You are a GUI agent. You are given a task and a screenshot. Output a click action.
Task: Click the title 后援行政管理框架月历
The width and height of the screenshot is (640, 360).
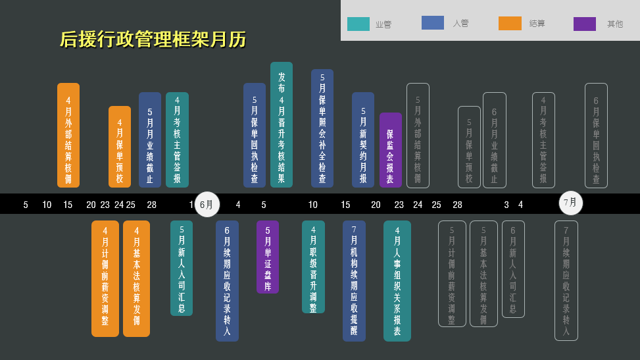(x=153, y=39)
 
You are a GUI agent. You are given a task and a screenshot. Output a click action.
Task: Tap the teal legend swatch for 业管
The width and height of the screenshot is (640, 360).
(x=358, y=24)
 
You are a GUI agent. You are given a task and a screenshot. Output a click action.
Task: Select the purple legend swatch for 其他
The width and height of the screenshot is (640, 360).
(x=584, y=24)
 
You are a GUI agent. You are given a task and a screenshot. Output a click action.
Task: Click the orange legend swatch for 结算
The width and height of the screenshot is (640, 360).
(x=510, y=23)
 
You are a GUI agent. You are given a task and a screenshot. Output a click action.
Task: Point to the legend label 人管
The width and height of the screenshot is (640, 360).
(x=460, y=23)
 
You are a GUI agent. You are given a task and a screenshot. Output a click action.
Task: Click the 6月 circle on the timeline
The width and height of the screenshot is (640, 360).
(x=207, y=204)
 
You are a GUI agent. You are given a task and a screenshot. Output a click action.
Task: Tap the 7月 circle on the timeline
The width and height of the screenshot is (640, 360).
(x=570, y=203)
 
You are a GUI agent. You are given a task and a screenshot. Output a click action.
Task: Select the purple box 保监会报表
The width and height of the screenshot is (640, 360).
(x=390, y=150)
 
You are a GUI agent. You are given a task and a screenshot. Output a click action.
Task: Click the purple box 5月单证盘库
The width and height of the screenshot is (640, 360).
(x=267, y=257)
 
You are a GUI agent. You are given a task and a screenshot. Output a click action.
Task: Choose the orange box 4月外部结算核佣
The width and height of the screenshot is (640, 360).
(x=68, y=135)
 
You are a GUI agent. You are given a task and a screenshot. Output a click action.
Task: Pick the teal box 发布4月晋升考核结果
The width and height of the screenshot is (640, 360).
(x=282, y=125)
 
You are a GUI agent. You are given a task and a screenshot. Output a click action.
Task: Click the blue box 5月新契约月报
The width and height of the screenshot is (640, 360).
(x=363, y=140)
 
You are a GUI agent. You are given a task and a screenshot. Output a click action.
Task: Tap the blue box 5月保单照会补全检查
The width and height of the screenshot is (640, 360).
(x=322, y=128)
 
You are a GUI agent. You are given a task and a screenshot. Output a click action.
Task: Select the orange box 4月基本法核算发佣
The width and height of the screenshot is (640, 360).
(x=136, y=278)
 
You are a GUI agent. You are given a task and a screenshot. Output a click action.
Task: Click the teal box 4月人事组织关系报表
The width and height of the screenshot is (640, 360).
(x=397, y=280)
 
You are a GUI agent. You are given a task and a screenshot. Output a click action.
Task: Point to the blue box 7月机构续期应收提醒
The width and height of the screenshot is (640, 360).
(x=354, y=280)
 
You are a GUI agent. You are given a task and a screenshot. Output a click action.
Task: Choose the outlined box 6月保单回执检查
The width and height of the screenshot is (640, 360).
(x=596, y=135)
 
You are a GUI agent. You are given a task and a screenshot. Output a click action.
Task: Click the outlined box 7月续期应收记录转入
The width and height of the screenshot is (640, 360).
(x=566, y=280)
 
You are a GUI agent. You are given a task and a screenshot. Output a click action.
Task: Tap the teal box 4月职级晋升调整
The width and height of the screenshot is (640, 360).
(x=313, y=267)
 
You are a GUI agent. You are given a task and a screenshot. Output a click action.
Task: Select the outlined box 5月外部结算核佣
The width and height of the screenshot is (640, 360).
(x=418, y=135)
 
